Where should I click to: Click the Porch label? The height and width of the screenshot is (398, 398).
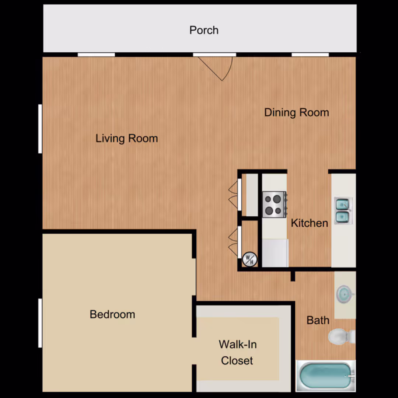pos(204,30)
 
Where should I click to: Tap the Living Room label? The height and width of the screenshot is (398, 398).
pos(127,139)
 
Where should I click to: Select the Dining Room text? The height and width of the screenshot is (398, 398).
pos(296,112)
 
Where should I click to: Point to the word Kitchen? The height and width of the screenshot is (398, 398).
pos(310,223)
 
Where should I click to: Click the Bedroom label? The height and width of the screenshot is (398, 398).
pos(112,314)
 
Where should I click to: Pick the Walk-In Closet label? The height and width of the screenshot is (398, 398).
pos(238,353)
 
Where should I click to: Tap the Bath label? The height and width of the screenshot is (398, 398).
pos(318,320)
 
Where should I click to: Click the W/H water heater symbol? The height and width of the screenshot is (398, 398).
pos(250,259)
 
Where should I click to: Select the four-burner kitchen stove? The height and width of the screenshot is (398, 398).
pos(275,205)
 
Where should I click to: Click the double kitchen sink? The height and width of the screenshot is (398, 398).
pos(343,211)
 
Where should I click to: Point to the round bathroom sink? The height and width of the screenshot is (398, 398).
pos(345,294)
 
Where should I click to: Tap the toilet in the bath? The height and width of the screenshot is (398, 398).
pos(342,336)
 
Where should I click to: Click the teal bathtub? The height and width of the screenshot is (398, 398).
pos(326,376)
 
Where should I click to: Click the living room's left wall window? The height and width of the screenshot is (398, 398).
pos(40,129)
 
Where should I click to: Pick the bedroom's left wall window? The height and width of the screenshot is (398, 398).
pos(40,323)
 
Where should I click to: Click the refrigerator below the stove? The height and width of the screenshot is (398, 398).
pos(275,253)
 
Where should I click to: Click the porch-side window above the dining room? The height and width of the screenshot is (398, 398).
pos(310,55)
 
